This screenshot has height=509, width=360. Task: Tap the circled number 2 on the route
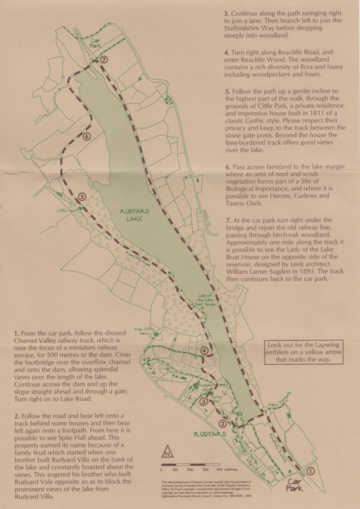223,425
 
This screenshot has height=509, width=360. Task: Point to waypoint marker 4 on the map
205,351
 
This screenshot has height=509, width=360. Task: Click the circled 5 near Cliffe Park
82,197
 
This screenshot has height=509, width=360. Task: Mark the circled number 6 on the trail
87,137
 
